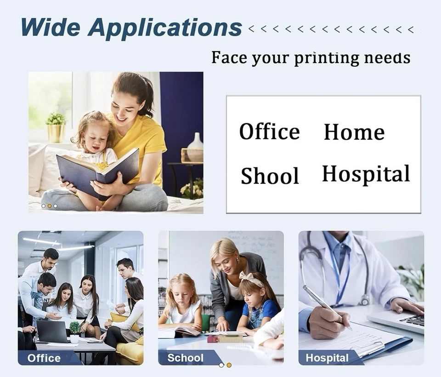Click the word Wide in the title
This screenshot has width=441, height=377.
click(51, 27)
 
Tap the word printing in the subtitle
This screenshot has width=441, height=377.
click(327, 58)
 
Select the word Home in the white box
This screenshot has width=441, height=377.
click(354, 132)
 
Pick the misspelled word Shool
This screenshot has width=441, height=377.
click(270, 176)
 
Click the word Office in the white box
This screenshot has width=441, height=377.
click(270, 131)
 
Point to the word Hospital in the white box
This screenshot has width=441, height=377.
click(366, 174)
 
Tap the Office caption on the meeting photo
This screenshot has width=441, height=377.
click(44, 358)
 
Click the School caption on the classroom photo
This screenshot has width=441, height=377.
click(185, 358)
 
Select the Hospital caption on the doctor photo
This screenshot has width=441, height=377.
click(327, 358)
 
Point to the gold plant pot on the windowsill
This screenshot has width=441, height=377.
click(56, 133)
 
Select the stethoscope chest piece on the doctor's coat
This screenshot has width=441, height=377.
click(365, 300)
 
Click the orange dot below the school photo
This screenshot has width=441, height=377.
click(229, 365)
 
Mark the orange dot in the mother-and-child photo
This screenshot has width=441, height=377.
click(50, 206)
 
